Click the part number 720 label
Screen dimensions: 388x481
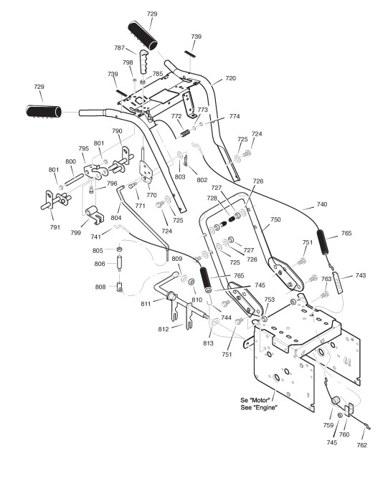pos(230,78)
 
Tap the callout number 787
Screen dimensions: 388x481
pos(119,47)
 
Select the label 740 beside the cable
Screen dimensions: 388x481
pos(322,204)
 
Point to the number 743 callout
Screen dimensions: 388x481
pos(360,275)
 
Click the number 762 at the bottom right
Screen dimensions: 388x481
pos(362,445)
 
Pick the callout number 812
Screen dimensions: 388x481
pos(164,329)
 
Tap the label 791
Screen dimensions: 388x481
pos(55,227)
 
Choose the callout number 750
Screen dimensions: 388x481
pos(275,219)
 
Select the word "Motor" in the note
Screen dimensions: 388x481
pos(260,400)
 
